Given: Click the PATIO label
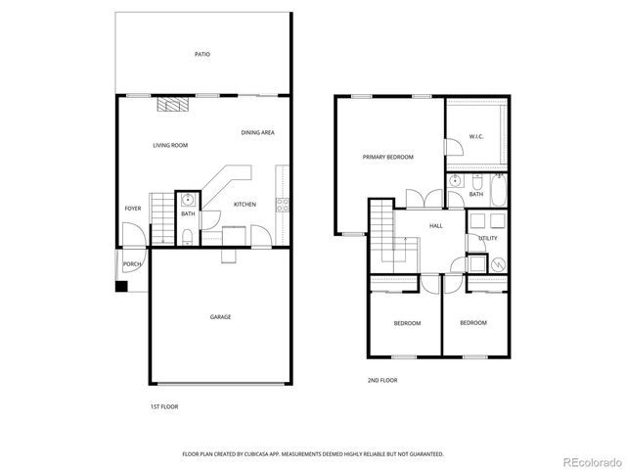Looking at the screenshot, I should coord(201,55).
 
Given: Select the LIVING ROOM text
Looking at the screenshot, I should coord(169,145).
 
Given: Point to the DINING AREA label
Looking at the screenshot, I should coord(257,132).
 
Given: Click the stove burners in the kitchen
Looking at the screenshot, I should coord(283,205).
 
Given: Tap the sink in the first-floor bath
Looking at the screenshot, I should coord(187,199).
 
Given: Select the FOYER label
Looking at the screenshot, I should coord(132,209).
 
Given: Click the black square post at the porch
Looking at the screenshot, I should coord(121,287).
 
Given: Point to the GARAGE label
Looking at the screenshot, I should coord(220,316).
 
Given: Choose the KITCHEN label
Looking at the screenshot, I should coord(245,205).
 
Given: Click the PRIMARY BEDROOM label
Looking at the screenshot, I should coord(387,157).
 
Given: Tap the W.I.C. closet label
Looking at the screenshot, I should coord(477,137).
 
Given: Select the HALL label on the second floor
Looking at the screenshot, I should coord(435,225).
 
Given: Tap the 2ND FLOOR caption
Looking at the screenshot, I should coord(382,380).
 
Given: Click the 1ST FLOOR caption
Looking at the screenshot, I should coord(163,405).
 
